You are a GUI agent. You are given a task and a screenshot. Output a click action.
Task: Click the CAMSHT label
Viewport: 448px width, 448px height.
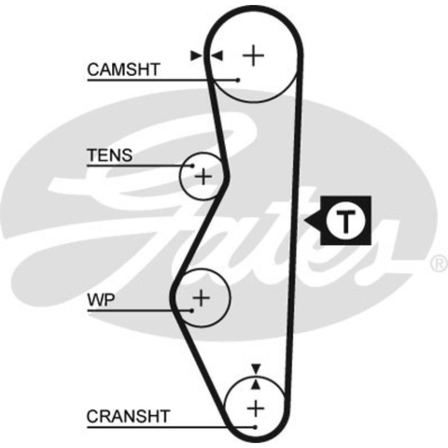124,69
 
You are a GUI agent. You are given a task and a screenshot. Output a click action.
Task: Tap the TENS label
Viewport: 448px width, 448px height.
110,155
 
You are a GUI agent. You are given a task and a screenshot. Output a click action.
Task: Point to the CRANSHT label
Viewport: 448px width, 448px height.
128,417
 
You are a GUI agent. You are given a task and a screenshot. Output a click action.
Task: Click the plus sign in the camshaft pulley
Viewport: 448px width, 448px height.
254,56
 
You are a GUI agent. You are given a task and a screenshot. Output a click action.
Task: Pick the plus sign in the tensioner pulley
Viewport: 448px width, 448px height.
203,176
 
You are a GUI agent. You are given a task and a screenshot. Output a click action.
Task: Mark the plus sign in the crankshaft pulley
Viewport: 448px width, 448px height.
255,407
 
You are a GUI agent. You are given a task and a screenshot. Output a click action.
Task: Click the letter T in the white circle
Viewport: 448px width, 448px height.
344,221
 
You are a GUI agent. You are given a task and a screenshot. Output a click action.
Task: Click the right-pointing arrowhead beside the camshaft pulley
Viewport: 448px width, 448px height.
196,56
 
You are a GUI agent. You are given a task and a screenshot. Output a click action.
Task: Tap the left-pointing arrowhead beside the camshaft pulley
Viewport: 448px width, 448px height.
217,56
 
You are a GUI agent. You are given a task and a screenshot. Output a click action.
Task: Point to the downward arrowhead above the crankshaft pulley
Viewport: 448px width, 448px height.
256,368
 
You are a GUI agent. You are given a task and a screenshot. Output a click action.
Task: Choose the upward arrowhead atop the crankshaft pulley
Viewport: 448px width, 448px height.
256,383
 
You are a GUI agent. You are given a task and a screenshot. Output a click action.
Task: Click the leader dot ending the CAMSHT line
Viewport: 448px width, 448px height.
237,80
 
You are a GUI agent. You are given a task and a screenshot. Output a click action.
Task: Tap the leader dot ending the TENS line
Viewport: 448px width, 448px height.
190,166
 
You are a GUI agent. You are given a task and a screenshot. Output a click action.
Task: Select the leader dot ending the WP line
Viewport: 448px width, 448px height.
191,310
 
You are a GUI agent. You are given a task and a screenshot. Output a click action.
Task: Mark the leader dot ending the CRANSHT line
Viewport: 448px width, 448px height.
255,427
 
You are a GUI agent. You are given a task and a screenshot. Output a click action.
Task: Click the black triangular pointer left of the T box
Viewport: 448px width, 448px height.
314,221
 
